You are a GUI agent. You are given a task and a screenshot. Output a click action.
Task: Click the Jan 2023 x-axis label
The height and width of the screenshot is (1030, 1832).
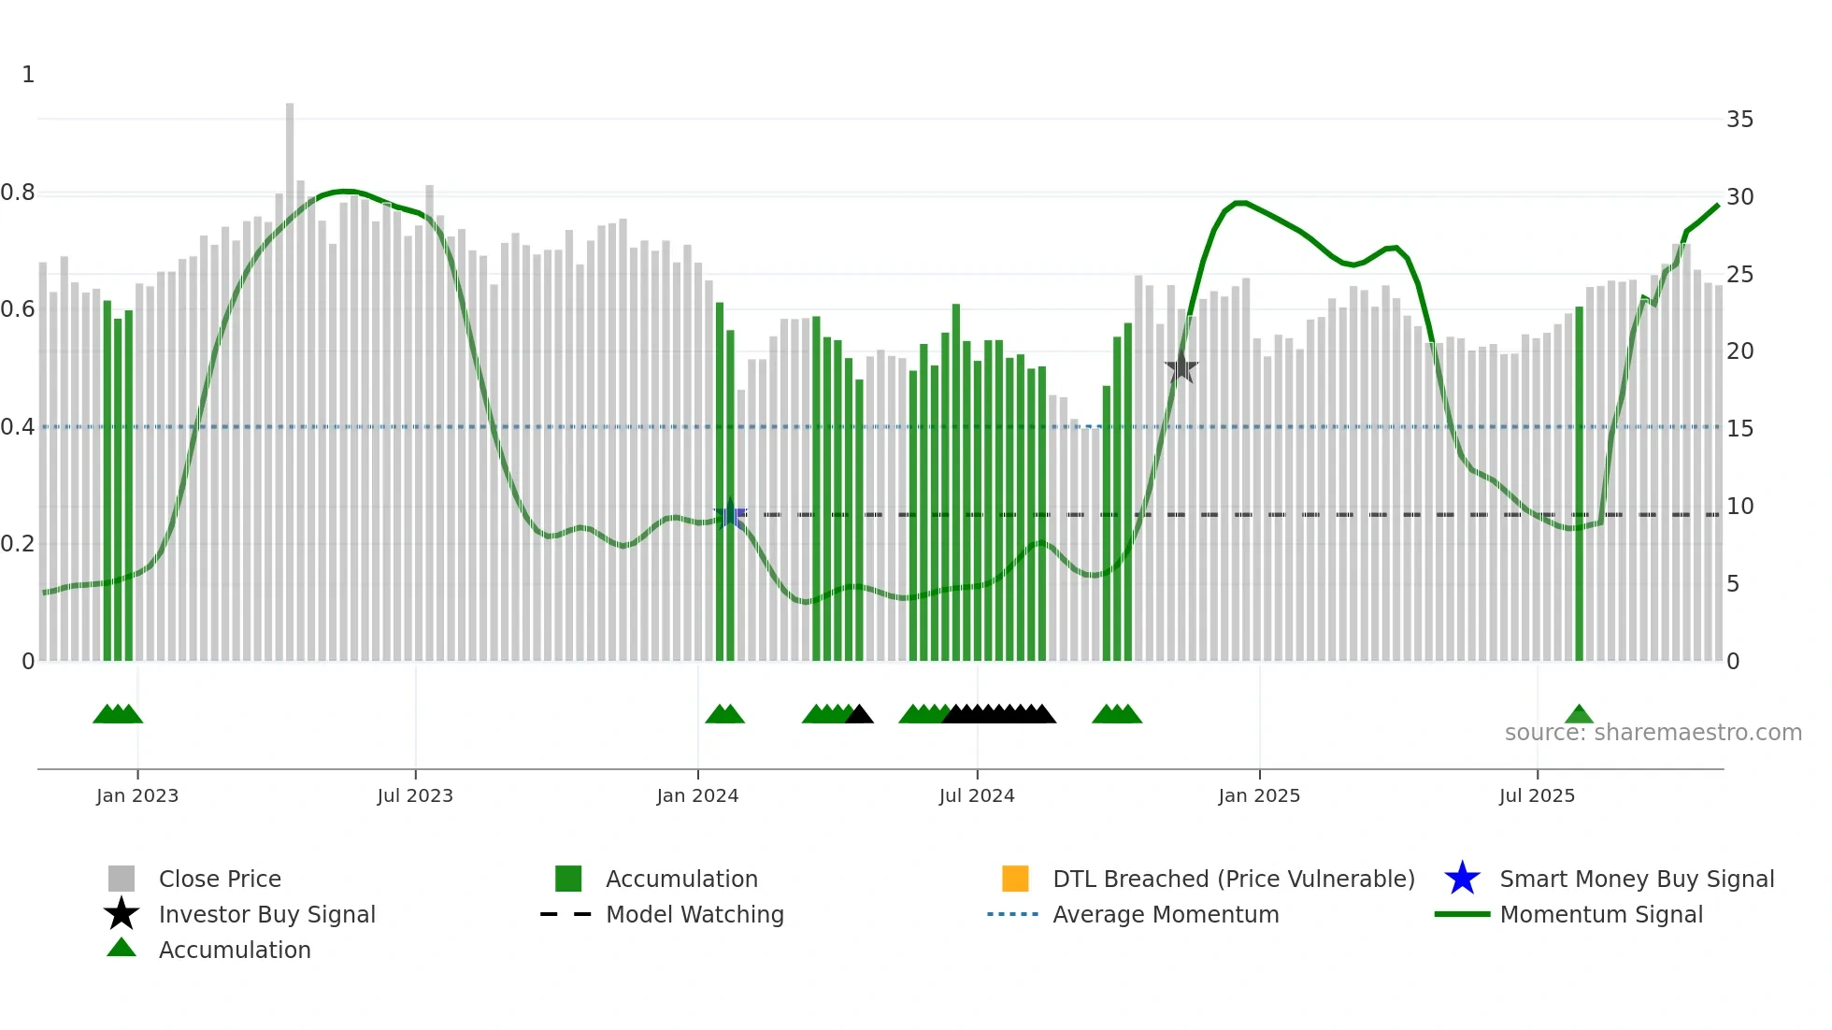point(136,795)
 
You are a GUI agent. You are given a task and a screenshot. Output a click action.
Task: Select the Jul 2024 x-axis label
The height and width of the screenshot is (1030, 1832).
point(976,795)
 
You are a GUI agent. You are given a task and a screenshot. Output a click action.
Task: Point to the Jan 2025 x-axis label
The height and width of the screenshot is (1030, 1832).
point(1258,795)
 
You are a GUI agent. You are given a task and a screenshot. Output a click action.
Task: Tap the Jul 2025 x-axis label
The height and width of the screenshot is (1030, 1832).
point(1537,795)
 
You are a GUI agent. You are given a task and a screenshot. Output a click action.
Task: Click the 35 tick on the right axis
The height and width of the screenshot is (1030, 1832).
point(1739,120)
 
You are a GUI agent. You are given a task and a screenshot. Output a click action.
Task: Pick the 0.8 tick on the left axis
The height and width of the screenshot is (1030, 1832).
point(18,193)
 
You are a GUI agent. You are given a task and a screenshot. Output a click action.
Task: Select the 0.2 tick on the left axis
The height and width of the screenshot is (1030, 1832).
point(18,544)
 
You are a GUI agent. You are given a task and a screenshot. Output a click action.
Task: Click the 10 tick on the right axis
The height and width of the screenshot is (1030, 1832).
point(1739,507)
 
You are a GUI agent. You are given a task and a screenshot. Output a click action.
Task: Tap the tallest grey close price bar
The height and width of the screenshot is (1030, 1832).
point(290,374)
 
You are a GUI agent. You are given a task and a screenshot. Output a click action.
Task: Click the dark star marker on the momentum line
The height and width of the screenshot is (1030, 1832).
point(1181,367)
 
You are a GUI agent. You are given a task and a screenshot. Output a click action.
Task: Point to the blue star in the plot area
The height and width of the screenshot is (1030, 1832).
point(730,514)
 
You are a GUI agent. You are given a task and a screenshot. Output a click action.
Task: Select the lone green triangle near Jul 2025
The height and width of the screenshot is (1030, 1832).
point(1579,715)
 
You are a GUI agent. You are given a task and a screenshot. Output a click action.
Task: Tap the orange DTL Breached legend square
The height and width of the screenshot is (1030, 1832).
point(1015,879)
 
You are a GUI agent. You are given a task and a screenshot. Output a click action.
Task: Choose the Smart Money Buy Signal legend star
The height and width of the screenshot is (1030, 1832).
point(1462,879)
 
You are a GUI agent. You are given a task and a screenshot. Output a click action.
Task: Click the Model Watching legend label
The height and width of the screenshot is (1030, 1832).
point(694,914)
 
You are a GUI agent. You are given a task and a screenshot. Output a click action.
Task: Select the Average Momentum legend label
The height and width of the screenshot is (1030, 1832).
point(1166,914)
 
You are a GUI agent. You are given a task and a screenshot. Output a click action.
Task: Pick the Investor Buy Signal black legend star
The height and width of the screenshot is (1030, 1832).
point(122,914)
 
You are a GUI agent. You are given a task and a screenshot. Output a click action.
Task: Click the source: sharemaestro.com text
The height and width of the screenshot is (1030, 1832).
point(1653,733)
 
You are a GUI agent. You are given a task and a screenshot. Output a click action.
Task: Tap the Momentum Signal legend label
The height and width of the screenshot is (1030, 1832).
point(1601,914)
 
